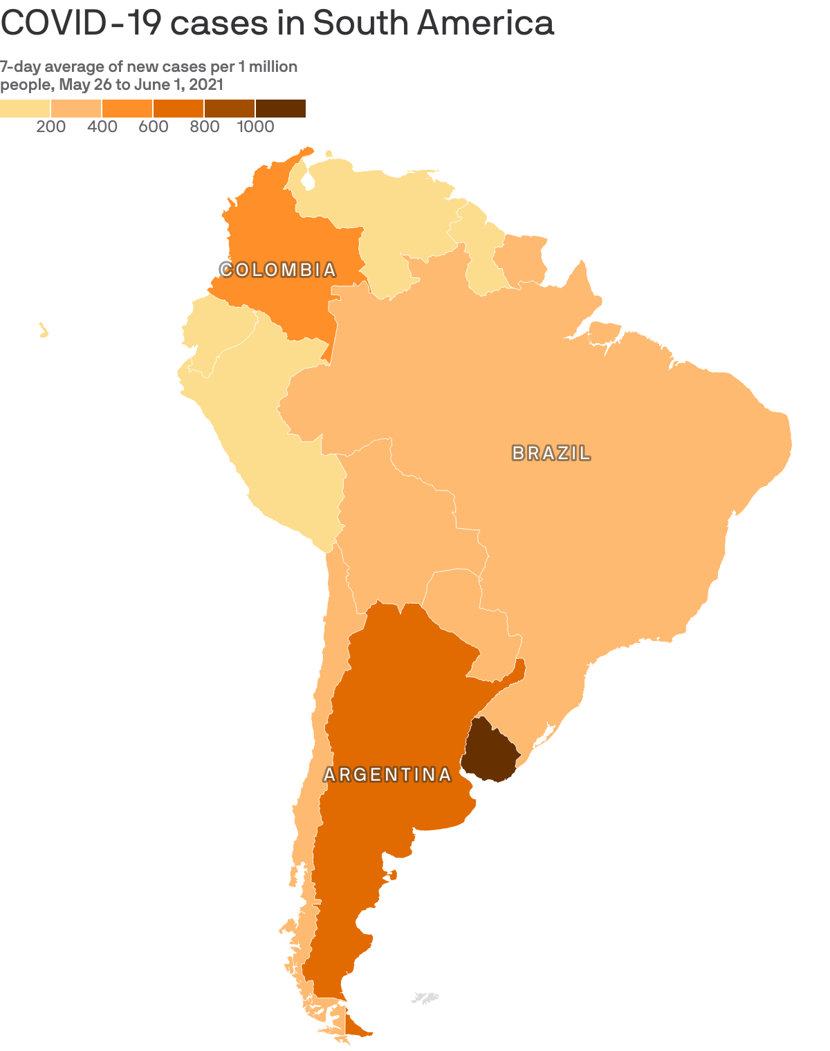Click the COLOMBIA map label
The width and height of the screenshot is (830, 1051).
pyautogui.click(x=278, y=270)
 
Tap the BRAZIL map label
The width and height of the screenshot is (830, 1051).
pyautogui.click(x=551, y=454)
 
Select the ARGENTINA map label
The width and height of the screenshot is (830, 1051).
pyautogui.click(x=387, y=775)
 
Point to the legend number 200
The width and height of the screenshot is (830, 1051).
pyautogui.click(x=51, y=127)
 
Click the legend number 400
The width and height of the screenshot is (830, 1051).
pyautogui.click(x=102, y=127)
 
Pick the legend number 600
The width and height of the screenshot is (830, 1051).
pyautogui.click(x=154, y=127)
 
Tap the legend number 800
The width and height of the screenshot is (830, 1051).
pyautogui.click(x=205, y=127)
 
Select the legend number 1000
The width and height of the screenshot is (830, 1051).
pyautogui.click(x=256, y=127)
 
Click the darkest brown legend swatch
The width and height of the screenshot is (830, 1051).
pyautogui.click(x=280, y=109)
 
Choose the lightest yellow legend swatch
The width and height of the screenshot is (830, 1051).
pyautogui.click(x=25, y=109)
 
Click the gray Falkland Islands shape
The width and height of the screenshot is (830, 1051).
pyautogui.click(x=424, y=998)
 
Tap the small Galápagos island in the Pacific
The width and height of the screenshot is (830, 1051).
pyautogui.click(x=44, y=331)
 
